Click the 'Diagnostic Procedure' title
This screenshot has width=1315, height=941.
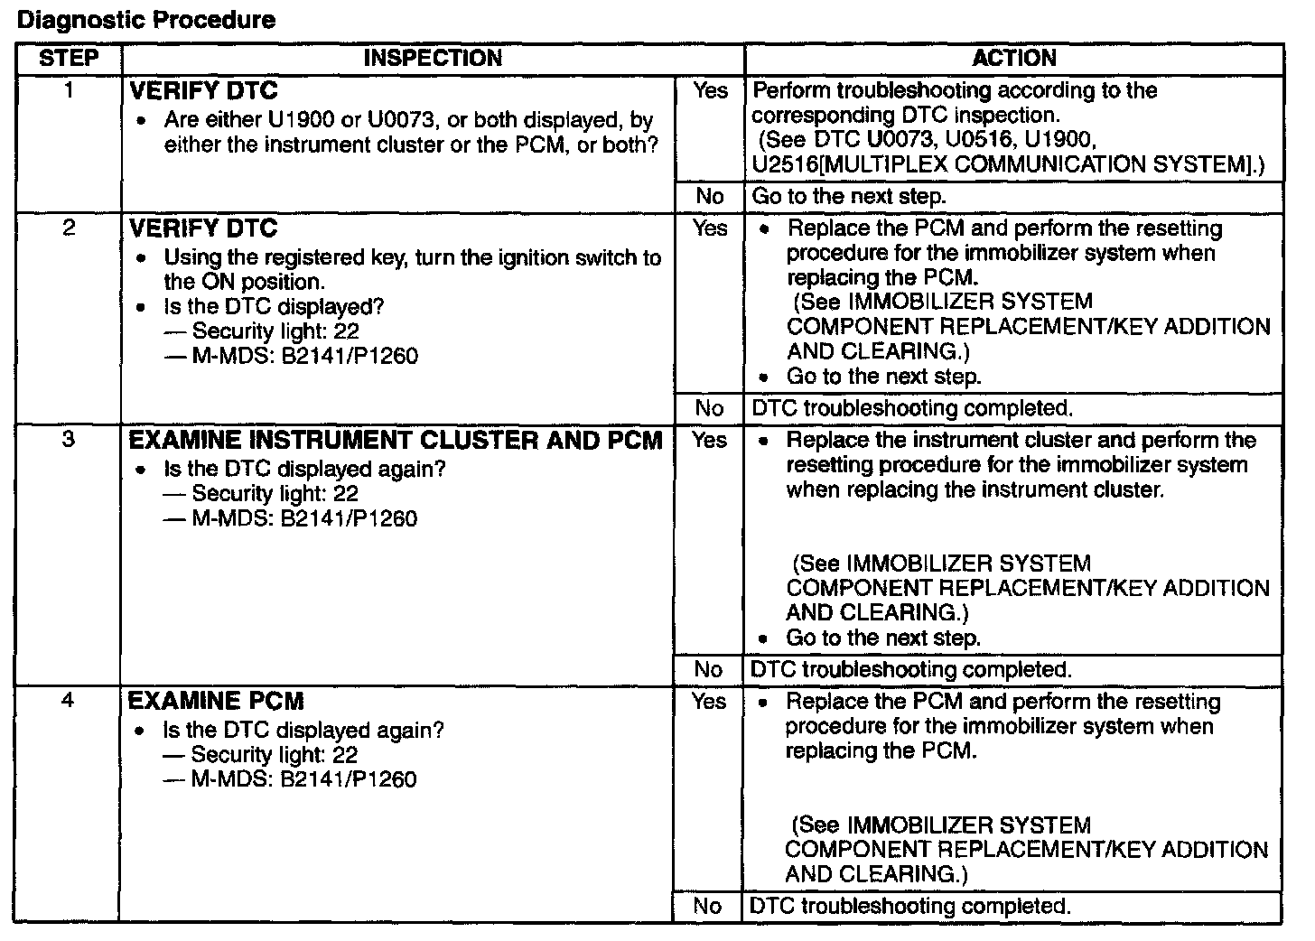point(146,20)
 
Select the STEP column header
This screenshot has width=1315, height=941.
point(69,59)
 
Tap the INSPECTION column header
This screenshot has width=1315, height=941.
point(433,59)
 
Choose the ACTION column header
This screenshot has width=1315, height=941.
point(1013,59)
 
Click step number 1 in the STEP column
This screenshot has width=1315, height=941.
point(69,90)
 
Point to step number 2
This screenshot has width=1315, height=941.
point(69,228)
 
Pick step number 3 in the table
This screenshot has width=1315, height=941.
point(69,440)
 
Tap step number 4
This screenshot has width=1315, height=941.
point(69,701)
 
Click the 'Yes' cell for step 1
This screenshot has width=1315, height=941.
point(710,90)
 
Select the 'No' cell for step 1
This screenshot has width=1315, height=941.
point(710,197)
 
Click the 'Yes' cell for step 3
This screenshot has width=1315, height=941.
point(710,440)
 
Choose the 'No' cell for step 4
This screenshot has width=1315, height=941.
point(708,906)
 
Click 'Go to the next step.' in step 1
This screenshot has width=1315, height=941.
point(847,197)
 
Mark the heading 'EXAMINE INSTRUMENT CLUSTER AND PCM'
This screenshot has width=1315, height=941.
point(396,441)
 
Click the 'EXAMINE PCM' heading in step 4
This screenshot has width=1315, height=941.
point(216,702)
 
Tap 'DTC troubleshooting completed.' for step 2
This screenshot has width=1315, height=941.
point(912,408)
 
